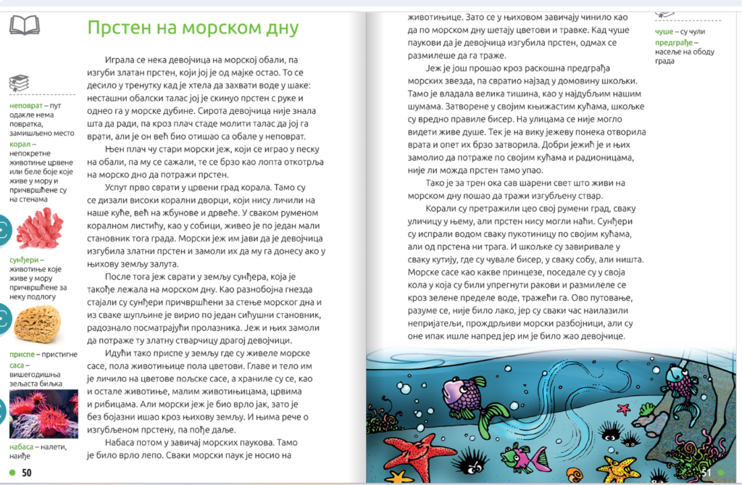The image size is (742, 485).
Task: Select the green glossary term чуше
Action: pyautogui.click(x=664, y=32)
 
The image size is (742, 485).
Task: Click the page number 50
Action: pyautogui.click(x=27, y=473)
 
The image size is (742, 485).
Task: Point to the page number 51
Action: pyautogui.click(x=706, y=473)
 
